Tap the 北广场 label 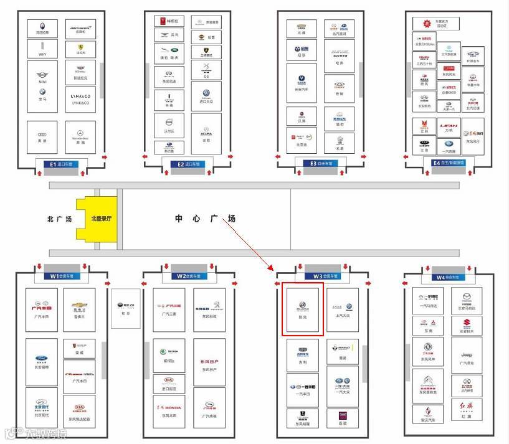[x=60, y=219]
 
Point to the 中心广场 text [x=205, y=219]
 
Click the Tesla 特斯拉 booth [x=169, y=21]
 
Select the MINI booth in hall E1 [x=42, y=77]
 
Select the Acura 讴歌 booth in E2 [x=206, y=134]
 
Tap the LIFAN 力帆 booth [x=449, y=127]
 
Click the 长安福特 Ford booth [x=42, y=362]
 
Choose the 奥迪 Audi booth [x=42, y=138]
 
